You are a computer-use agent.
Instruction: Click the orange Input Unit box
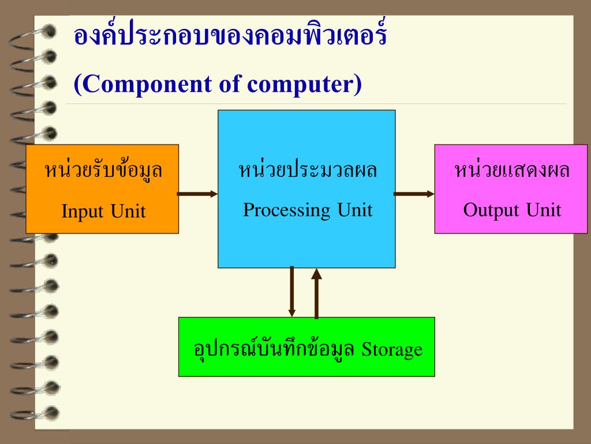[x=102, y=189]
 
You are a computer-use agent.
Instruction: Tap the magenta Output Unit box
[x=512, y=189]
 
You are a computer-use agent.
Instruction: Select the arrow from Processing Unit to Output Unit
[x=414, y=194]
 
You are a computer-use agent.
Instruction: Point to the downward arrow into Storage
[x=292, y=291]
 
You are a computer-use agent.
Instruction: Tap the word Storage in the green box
[x=392, y=350]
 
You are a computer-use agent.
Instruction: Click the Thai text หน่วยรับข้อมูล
[x=103, y=171]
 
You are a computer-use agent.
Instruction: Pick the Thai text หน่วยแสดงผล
[x=512, y=171]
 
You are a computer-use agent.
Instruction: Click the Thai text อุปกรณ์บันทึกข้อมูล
[x=274, y=349]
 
